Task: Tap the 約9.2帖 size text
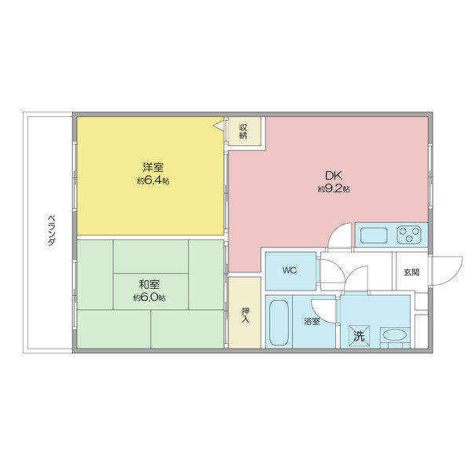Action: point(334,190)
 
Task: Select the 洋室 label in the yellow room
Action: point(152,167)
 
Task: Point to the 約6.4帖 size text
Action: point(152,181)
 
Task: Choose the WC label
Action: point(289,271)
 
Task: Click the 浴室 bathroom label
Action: point(312,322)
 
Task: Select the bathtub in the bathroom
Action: point(278,322)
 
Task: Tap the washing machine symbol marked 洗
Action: point(358,335)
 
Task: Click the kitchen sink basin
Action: point(373,234)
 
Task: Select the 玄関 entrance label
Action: point(411,272)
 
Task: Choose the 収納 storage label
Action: point(244,130)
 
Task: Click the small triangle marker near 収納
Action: point(218,124)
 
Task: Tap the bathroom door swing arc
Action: point(323,308)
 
